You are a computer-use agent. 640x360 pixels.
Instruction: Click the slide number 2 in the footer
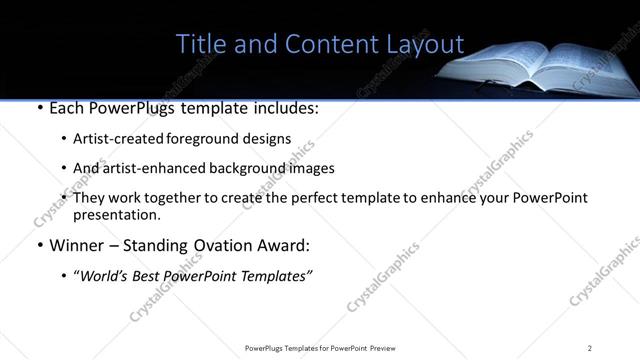pos(590,348)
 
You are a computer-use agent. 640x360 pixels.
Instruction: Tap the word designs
pos(264,139)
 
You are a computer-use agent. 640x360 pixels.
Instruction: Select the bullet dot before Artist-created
pos(65,139)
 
